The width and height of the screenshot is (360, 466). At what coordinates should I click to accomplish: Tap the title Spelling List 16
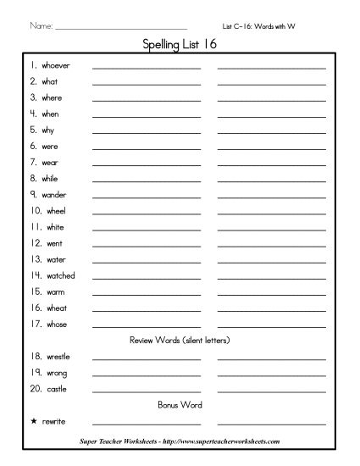click(180, 46)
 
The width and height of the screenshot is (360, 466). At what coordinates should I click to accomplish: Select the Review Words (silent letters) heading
click(180, 340)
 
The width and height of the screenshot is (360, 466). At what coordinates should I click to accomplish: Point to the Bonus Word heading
click(180, 404)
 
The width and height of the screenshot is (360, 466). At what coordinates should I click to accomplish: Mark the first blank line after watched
click(146, 278)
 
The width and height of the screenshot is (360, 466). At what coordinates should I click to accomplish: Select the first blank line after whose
click(146, 326)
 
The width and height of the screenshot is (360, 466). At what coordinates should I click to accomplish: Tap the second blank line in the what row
click(271, 83)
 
